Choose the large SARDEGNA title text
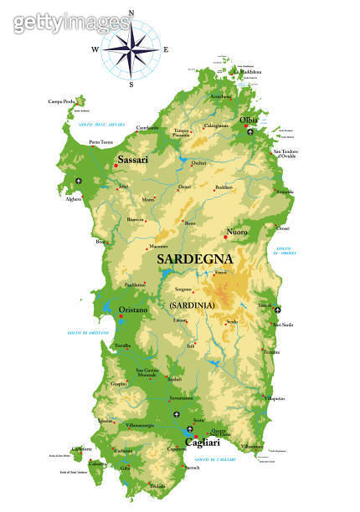[x=195, y=259]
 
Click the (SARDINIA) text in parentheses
[x=192, y=305]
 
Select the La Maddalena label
[x=249, y=71]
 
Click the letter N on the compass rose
[x=131, y=12]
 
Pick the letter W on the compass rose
[x=94, y=49]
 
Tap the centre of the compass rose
[x=131, y=49]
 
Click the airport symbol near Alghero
[x=80, y=182]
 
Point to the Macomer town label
[x=157, y=247]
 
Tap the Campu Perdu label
[x=61, y=101]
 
